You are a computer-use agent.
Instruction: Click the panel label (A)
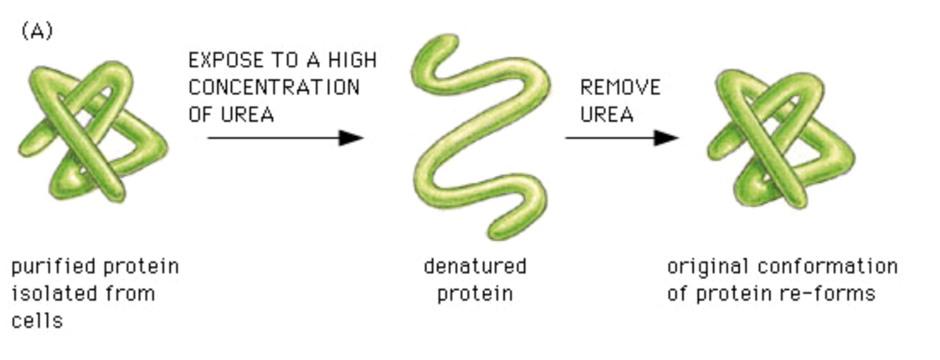pyautogui.click(x=37, y=32)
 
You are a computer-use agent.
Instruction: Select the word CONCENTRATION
pyautogui.click(x=274, y=87)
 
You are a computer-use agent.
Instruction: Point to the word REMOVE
pyautogui.click(x=620, y=87)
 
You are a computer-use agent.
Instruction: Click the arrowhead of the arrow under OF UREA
pyautogui.click(x=350, y=138)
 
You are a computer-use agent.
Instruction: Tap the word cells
pyautogui.click(x=37, y=320)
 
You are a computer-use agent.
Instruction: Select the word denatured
pyautogui.click(x=474, y=267)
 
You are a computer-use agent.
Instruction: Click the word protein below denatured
pyautogui.click(x=474, y=293)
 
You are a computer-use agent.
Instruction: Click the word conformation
pyautogui.click(x=827, y=267)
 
